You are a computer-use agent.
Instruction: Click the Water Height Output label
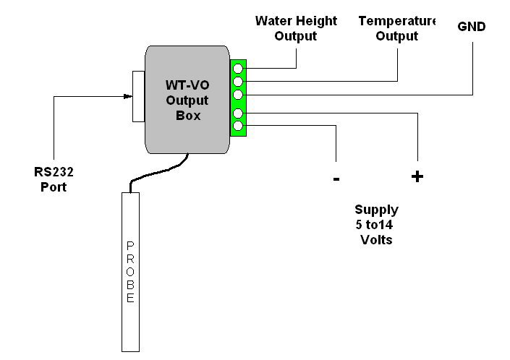coord(296,28)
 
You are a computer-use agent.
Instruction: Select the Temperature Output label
coord(397,28)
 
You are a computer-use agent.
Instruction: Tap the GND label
coord(472,27)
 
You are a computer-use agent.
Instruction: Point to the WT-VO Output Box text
coord(187,100)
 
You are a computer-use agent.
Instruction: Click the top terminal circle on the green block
coord(238,69)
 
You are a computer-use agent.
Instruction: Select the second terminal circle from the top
coord(238,81)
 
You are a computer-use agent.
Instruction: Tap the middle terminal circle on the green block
coord(238,95)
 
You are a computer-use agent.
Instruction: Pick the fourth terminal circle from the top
coord(238,113)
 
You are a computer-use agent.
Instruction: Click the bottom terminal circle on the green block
coord(238,127)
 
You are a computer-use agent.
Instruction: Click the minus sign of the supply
coord(336,179)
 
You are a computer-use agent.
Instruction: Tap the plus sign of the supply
coord(417,176)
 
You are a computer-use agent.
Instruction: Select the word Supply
coord(376,210)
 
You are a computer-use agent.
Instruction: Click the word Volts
coord(376,239)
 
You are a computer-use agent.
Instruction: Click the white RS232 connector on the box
coord(138,97)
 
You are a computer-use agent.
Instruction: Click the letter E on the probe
coord(130,298)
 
